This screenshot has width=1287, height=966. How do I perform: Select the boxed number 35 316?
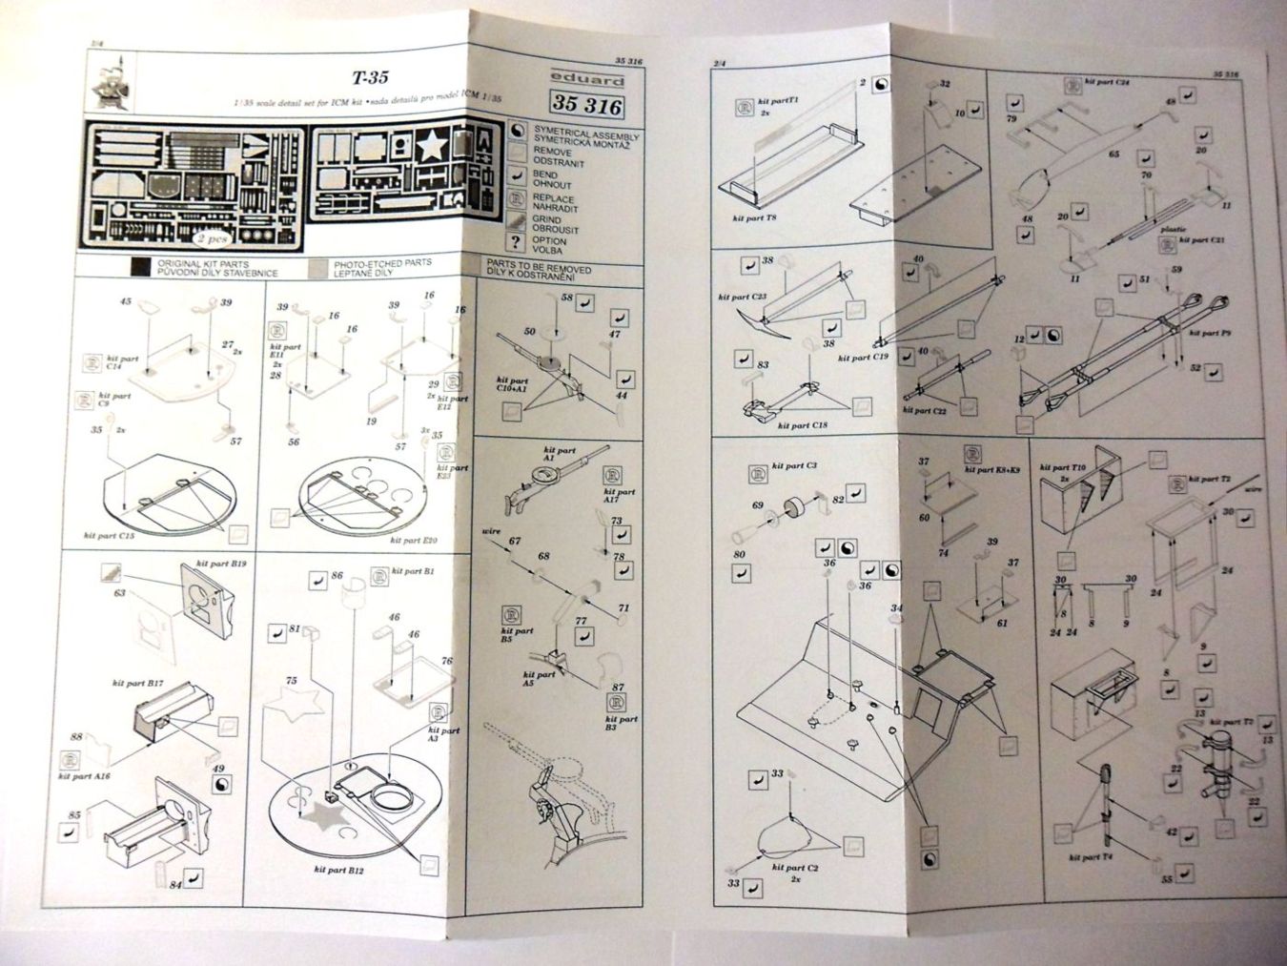[x=585, y=105]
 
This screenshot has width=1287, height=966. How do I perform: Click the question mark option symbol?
[x=516, y=242]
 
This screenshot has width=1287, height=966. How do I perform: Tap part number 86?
[x=336, y=576]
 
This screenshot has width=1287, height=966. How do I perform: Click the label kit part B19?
[x=221, y=566]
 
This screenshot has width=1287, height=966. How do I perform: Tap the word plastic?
[x=1173, y=230]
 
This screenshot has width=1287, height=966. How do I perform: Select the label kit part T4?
[x=1084, y=857]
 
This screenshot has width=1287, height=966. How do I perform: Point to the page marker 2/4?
[x=720, y=63]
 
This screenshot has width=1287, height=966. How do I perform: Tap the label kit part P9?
[x=1197, y=335]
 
